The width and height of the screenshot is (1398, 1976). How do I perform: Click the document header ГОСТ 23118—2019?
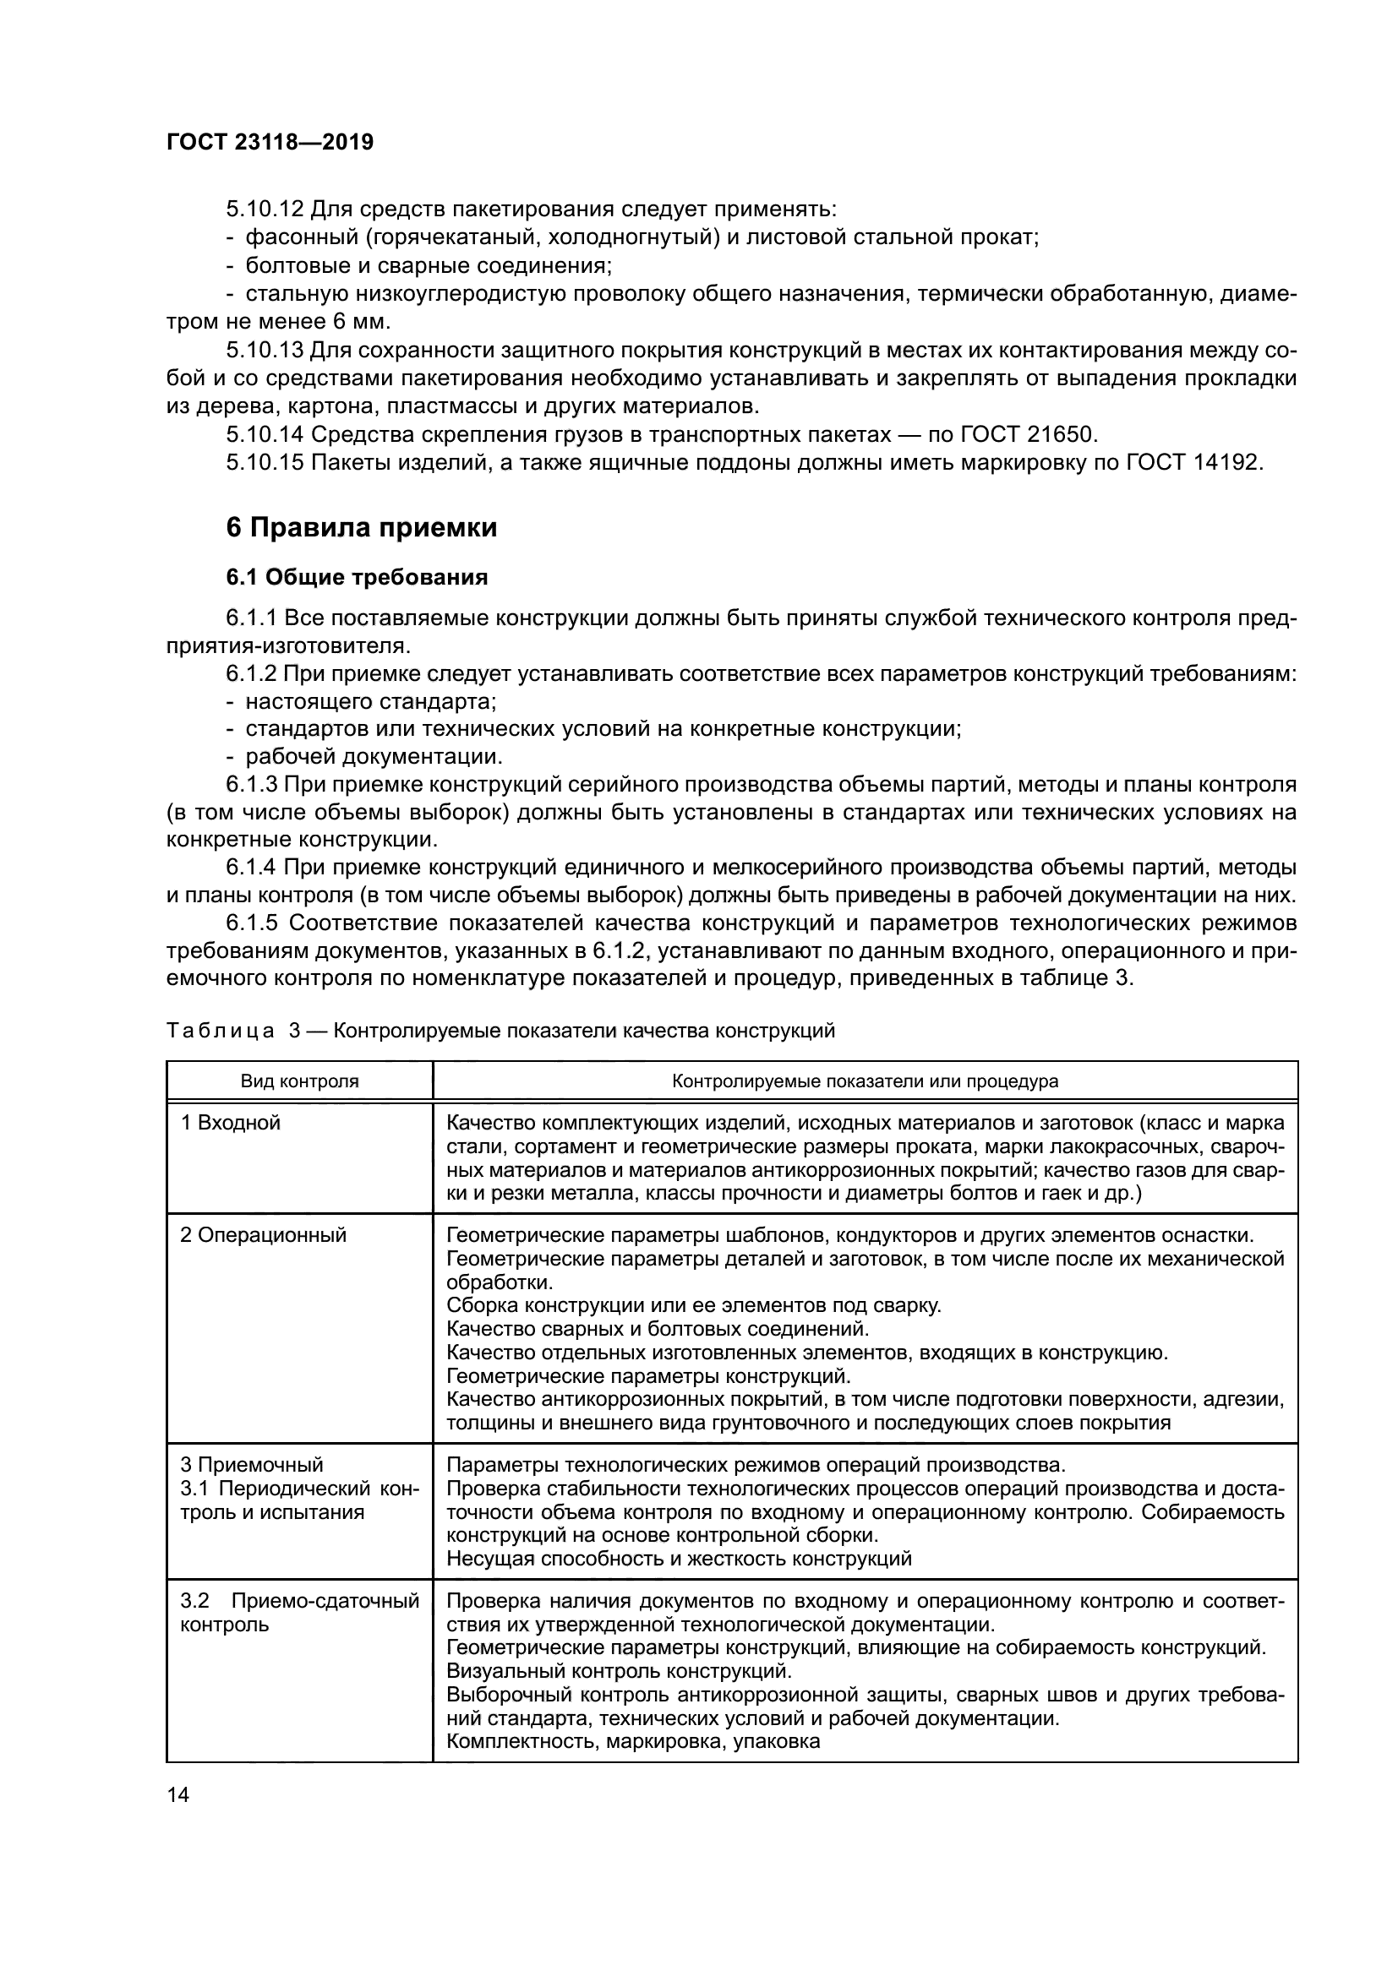click(270, 142)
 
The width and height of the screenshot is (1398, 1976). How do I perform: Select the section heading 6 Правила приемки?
click(362, 527)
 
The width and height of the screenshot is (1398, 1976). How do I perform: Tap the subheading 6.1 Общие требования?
click(357, 578)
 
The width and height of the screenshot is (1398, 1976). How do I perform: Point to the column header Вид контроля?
click(299, 1081)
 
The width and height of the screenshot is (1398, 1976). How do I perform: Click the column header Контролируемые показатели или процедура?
click(865, 1081)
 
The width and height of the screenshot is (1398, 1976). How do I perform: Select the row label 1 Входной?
click(231, 1123)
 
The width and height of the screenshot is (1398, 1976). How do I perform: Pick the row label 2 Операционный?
click(264, 1235)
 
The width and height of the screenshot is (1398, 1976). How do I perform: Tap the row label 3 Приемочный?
click(252, 1465)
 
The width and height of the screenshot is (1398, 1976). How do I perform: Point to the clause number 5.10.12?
click(265, 210)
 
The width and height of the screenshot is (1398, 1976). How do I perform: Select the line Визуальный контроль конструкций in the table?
click(618, 1671)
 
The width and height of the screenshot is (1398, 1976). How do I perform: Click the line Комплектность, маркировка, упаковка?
click(634, 1742)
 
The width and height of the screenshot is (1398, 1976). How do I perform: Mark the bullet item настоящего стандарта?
click(371, 701)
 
